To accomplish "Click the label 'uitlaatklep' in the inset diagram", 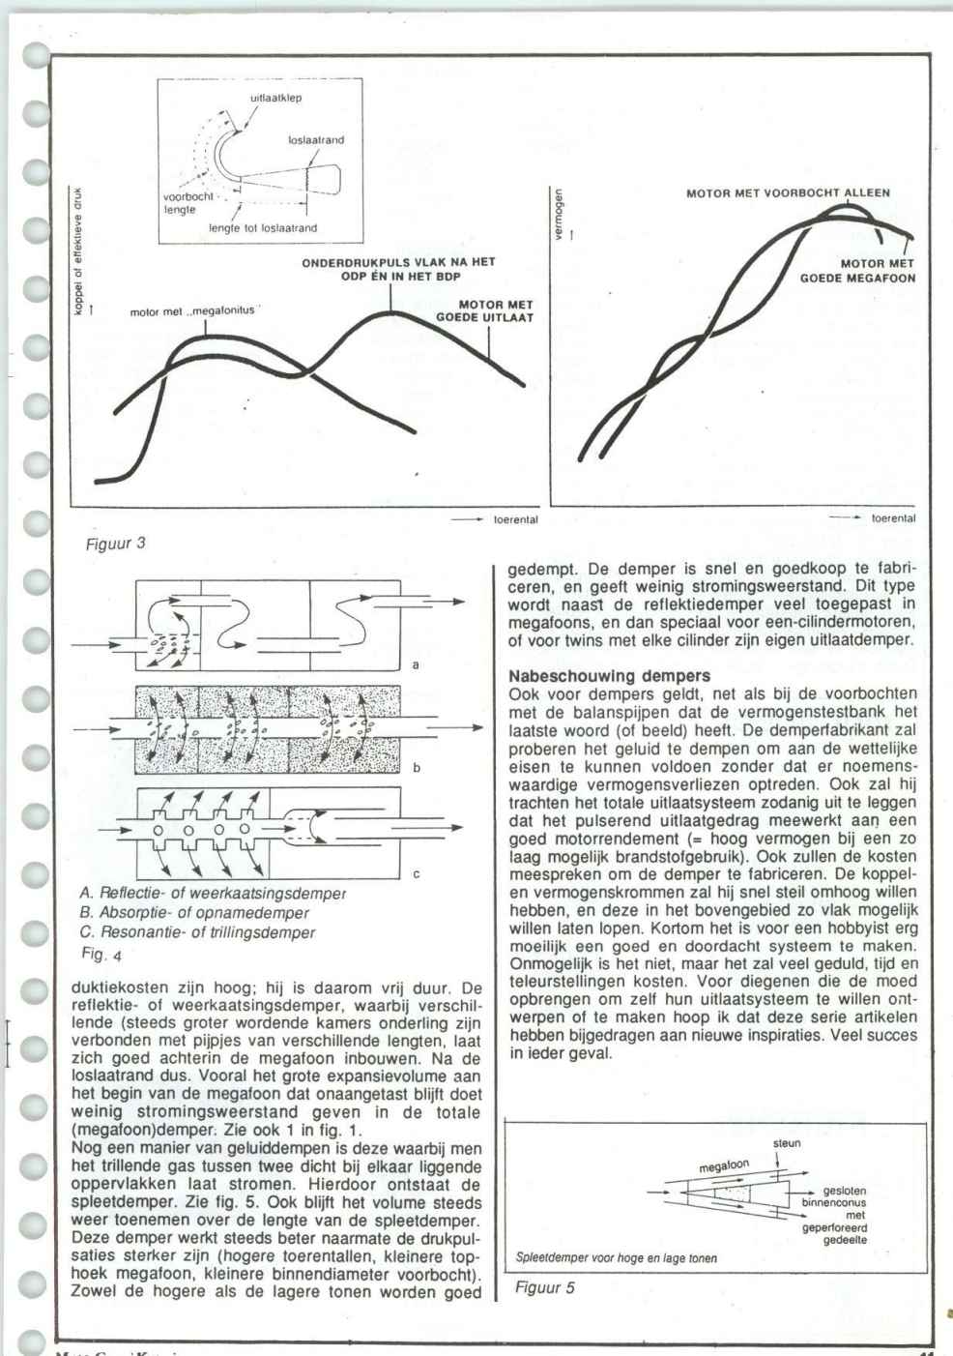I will (x=276, y=98).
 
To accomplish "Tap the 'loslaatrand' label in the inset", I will (x=316, y=140).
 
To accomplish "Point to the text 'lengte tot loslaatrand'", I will (x=263, y=228).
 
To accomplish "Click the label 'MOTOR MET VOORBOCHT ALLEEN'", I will (x=788, y=192).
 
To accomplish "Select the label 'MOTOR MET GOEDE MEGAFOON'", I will (x=858, y=270).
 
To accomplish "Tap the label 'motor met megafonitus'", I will (x=193, y=311).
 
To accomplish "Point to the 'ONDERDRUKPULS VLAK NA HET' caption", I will (x=418, y=262).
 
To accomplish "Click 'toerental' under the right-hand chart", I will (x=893, y=518).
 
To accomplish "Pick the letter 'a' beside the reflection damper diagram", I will (x=415, y=665).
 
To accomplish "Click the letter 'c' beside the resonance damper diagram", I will (x=416, y=874).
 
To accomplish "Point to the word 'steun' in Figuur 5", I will (x=787, y=1143).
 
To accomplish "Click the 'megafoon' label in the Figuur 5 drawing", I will (x=725, y=1168).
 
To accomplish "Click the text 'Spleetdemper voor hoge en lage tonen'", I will (x=616, y=1258).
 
